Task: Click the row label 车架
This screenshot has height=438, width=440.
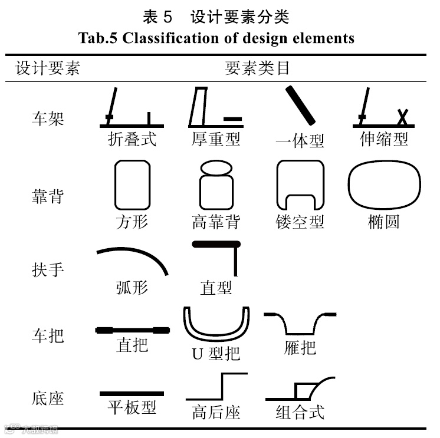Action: (x=48, y=117)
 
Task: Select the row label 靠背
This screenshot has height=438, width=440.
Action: (x=48, y=196)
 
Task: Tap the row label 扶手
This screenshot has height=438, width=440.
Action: (x=48, y=269)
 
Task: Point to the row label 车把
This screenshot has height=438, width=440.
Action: (x=48, y=336)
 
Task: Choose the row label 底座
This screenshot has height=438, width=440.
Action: (x=48, y=398)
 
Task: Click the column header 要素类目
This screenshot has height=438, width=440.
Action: (x=258, y=68)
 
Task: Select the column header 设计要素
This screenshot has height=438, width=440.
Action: (x=48, y=68)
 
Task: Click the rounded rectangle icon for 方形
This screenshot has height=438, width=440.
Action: (x=132, y=185)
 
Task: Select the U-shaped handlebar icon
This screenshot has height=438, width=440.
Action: (x=216, y=324)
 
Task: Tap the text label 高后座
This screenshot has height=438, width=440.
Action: (x=216, y=411)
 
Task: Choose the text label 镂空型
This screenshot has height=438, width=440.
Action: (x=300, y=222)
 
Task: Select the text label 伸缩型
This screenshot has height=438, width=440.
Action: (x=384, y=139)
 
